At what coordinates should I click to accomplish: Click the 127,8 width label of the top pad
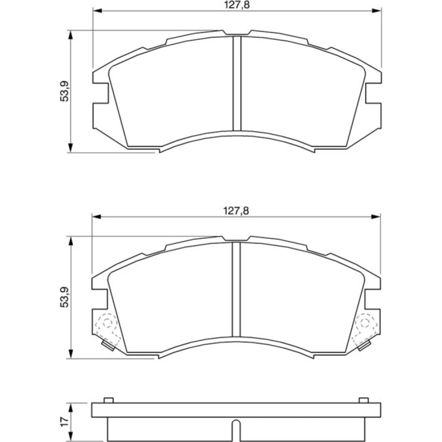(237, 5)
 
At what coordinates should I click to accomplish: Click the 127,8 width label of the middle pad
(236, 211)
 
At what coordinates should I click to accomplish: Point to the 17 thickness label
(65, 421)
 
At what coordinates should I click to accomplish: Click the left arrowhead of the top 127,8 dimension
(97, 11)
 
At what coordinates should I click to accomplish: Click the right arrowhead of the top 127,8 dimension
(377, 11)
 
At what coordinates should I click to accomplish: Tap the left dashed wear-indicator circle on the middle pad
(107, 323)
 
